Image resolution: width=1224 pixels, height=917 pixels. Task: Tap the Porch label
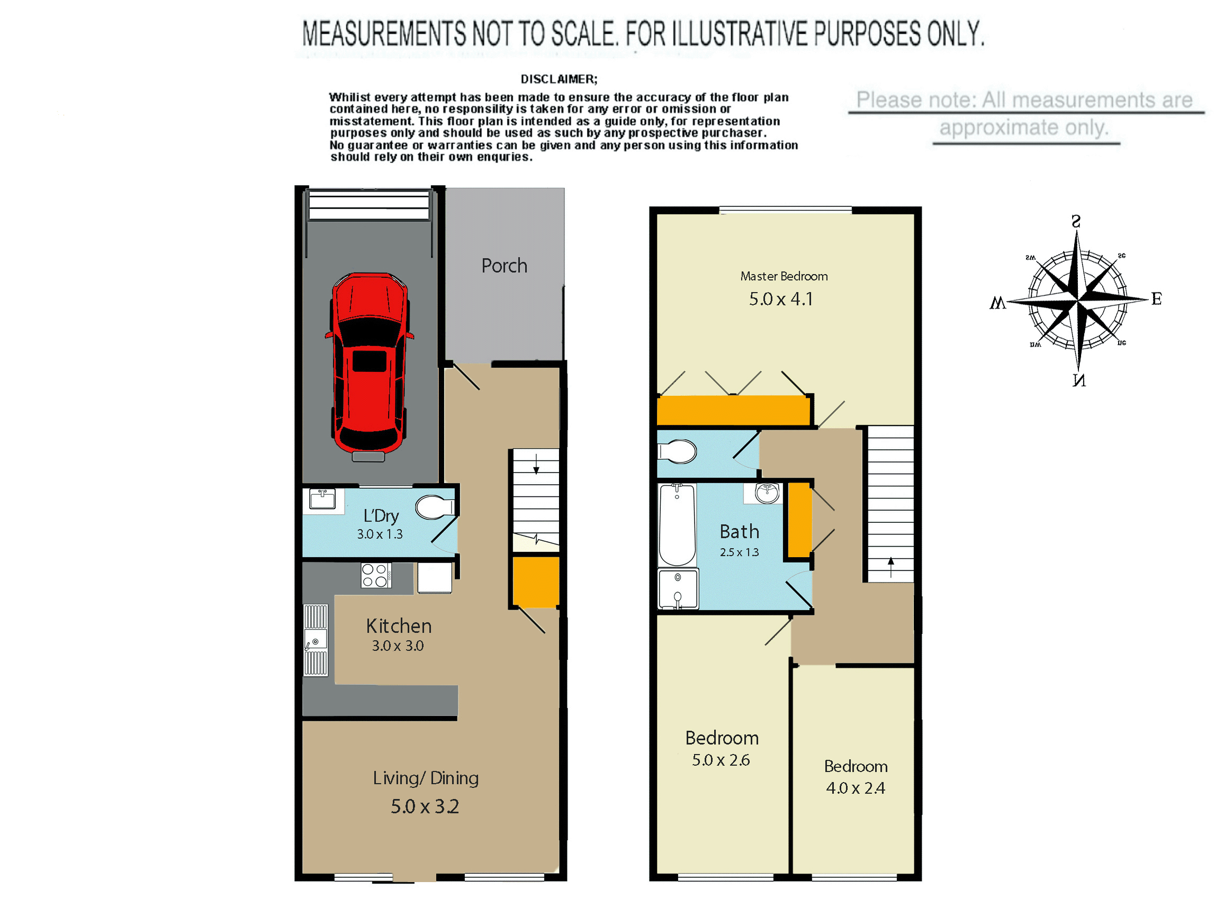tap(504, 266)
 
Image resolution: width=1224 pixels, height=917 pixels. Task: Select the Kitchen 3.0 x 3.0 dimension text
tap(398, 646)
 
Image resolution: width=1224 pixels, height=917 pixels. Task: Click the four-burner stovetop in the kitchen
tap(376, 575)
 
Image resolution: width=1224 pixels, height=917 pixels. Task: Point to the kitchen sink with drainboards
tap(316, 640)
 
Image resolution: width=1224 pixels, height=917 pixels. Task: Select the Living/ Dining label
tap(426, 778)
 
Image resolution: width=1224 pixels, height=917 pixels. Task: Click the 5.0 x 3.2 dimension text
tap(425, 806)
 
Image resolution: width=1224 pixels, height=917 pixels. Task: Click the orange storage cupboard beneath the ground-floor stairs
tap(536, 582)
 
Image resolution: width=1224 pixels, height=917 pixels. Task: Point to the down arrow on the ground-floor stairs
tap(536, 464)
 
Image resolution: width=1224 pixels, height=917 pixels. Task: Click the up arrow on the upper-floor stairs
tap(891, 567)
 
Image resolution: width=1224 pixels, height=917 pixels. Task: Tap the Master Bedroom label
tap(784, 276)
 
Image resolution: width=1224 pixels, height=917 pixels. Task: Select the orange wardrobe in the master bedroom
tap(733, 410)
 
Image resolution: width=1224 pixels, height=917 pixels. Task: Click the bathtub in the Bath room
tap(677, 524)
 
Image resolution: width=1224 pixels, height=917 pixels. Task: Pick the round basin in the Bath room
tap(768, 493)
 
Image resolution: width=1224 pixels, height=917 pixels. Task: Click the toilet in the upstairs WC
tap(677, 451)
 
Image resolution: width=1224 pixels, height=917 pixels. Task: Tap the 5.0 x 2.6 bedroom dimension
tap(721, 760)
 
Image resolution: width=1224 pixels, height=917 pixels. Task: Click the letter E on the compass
tap(1156, 299)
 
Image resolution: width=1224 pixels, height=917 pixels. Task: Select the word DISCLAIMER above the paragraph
tap(559, 79)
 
